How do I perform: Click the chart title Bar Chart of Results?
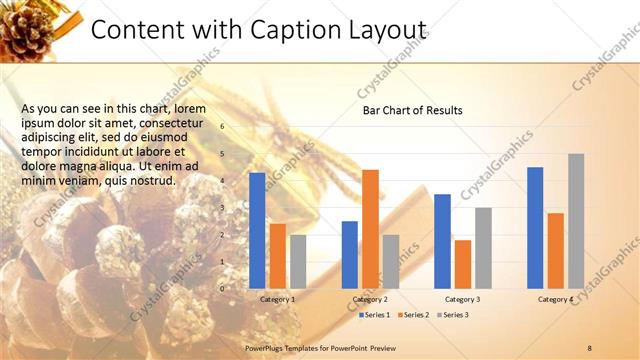412,110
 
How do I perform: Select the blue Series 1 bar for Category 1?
257,230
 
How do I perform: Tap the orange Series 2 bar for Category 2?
370,228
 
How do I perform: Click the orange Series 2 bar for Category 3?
463,263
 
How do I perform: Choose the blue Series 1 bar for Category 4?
535,227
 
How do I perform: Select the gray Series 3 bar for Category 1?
298,261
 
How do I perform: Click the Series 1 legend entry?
375,315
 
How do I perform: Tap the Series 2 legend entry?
415,315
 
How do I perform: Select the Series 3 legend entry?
454,315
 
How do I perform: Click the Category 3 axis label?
462,299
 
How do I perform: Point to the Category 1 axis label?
277,299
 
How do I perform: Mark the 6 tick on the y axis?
223,126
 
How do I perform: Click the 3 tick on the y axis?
223,207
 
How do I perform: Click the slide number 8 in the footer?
590,346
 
